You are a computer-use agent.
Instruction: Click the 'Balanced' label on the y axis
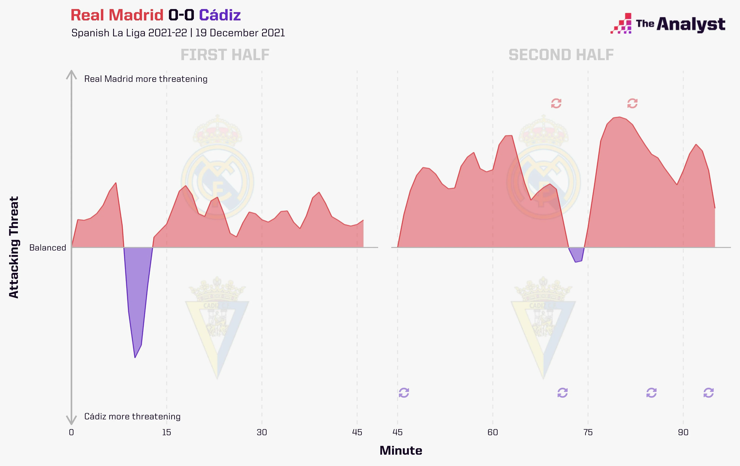coord(48,248)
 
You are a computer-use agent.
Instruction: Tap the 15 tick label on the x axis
coord(167,433)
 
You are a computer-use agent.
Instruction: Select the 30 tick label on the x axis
coord(262,433)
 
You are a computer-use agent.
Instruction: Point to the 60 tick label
coord(493,433)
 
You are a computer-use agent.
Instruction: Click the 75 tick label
coord(588,433)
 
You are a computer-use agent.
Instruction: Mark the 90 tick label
coord(683,433)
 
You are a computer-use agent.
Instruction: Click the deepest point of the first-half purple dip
coord(135,357)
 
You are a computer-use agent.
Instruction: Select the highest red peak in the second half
coord(619,117)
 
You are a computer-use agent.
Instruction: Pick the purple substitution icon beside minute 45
coord(404,393)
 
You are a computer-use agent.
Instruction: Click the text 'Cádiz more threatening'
coord(132,416)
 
